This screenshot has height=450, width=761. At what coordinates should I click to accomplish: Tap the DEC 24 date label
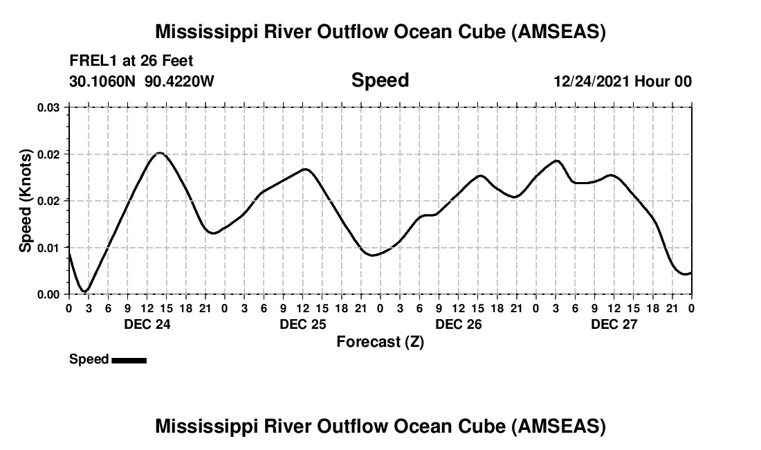(x=147, y=324)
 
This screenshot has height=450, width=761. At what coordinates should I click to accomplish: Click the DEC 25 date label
(x=302, y=324)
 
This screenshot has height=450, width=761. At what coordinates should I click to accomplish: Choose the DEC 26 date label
(x=458, y=324)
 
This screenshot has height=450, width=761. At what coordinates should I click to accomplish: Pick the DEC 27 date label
(x=614, y=324)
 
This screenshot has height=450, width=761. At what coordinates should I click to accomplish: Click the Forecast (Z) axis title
(x=380, y=342)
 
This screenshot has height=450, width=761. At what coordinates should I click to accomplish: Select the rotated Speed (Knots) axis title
(x=26, y=201)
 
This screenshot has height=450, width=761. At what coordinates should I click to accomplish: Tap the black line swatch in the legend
(x=129, y=360)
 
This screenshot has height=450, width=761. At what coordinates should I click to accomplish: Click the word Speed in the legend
(x=89, y=359)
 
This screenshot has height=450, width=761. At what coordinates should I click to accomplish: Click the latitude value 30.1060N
(x=103, y=81)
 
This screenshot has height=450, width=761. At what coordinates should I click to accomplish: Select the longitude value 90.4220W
(x=180, y=81)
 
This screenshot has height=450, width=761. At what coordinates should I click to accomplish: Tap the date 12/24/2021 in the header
(x=591, y=81)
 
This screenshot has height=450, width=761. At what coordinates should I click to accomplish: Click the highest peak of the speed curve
(x=159, y=152)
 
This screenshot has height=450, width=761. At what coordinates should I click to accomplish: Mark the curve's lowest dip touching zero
(x=84, y=291)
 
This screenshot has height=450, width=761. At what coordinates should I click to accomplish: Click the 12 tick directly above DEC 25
(x=302, y=308)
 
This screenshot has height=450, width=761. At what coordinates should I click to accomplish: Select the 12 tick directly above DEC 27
(x=614, y=308)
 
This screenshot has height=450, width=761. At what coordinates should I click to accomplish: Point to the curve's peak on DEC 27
(x=556, y=161)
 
